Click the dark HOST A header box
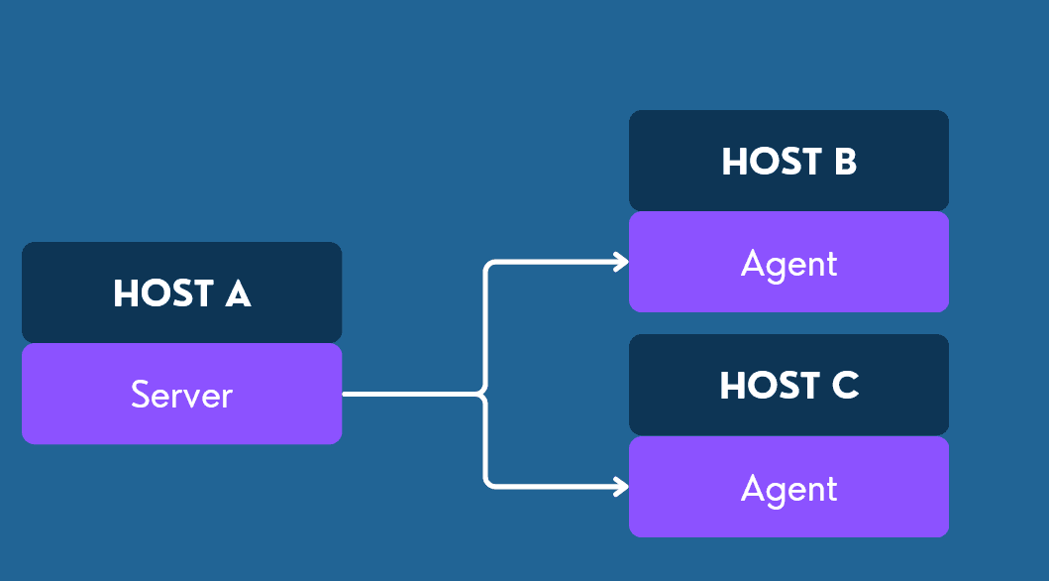[x=181, y=292]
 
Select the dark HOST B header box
[x=788, y=161]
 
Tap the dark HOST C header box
[x=788, y=385]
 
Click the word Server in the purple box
[x=181, y=395]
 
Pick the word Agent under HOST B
[x=788, y=263]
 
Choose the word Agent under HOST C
[x=788, y=488]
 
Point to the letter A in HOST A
[x=238, y=293]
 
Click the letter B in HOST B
[x=845, y=162]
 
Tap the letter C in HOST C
[x=845, y=386]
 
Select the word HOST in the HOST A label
[x=163, y=293]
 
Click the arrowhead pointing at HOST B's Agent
[x=622, y=262]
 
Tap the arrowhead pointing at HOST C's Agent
[x=622, y=487]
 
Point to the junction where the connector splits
[x=485, y=395]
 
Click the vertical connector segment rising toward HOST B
[x=485, y=327]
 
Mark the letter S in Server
[x=140, y=395]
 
